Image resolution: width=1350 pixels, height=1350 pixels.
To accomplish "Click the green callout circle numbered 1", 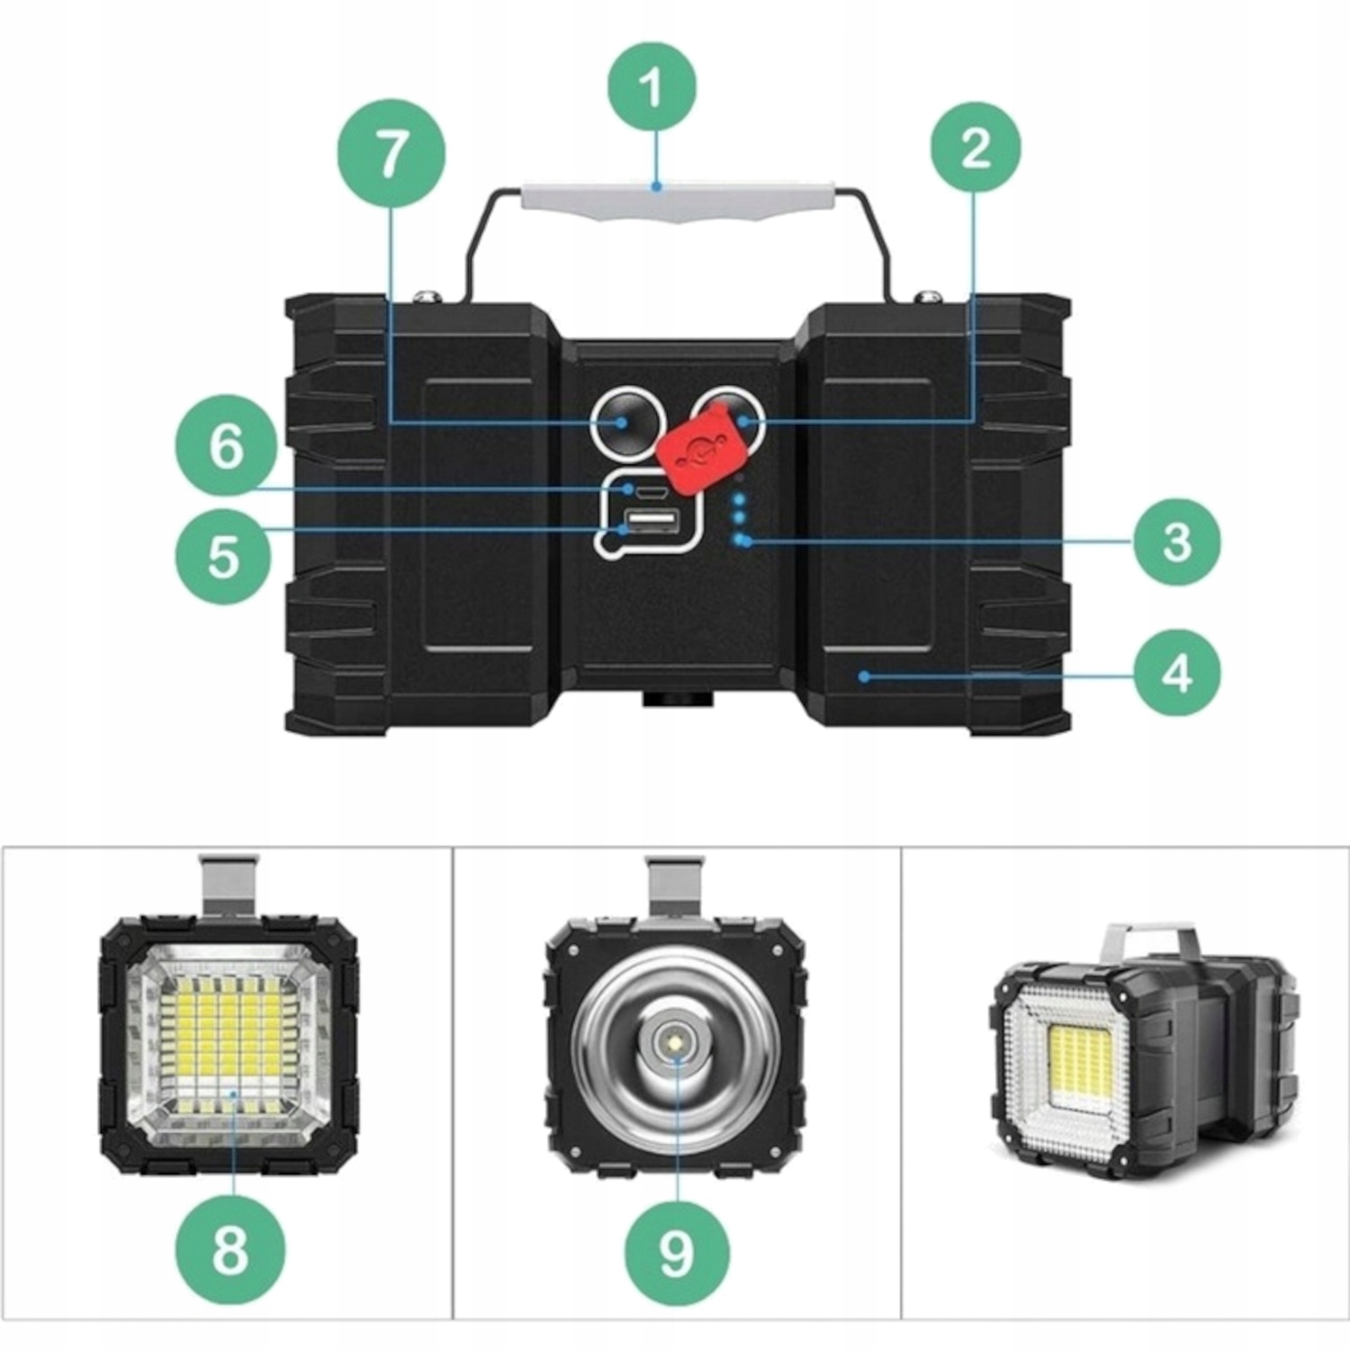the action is pos(652,87).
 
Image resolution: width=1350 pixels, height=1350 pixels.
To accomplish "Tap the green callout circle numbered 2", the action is pos(976,147).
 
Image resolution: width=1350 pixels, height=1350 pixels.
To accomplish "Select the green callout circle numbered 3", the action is pos(1177,542).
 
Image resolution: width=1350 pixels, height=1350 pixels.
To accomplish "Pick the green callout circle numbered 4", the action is pos(1177,671).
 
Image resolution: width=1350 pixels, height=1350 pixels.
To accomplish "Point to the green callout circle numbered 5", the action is pos(224,556).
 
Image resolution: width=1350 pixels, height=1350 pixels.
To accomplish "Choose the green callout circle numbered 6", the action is pos(226,445).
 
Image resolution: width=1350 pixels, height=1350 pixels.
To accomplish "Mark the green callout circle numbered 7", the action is pos(391,154).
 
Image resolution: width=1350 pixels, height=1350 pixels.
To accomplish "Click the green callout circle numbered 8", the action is pos(229,1249).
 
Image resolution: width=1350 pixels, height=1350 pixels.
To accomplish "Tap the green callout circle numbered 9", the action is pos(676,1251).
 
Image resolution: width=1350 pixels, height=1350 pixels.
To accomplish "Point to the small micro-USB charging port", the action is pos(648,491).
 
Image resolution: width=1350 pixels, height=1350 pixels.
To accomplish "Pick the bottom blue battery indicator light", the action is pos(741,541).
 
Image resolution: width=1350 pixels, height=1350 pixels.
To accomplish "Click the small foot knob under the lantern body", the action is pos(674,699).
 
